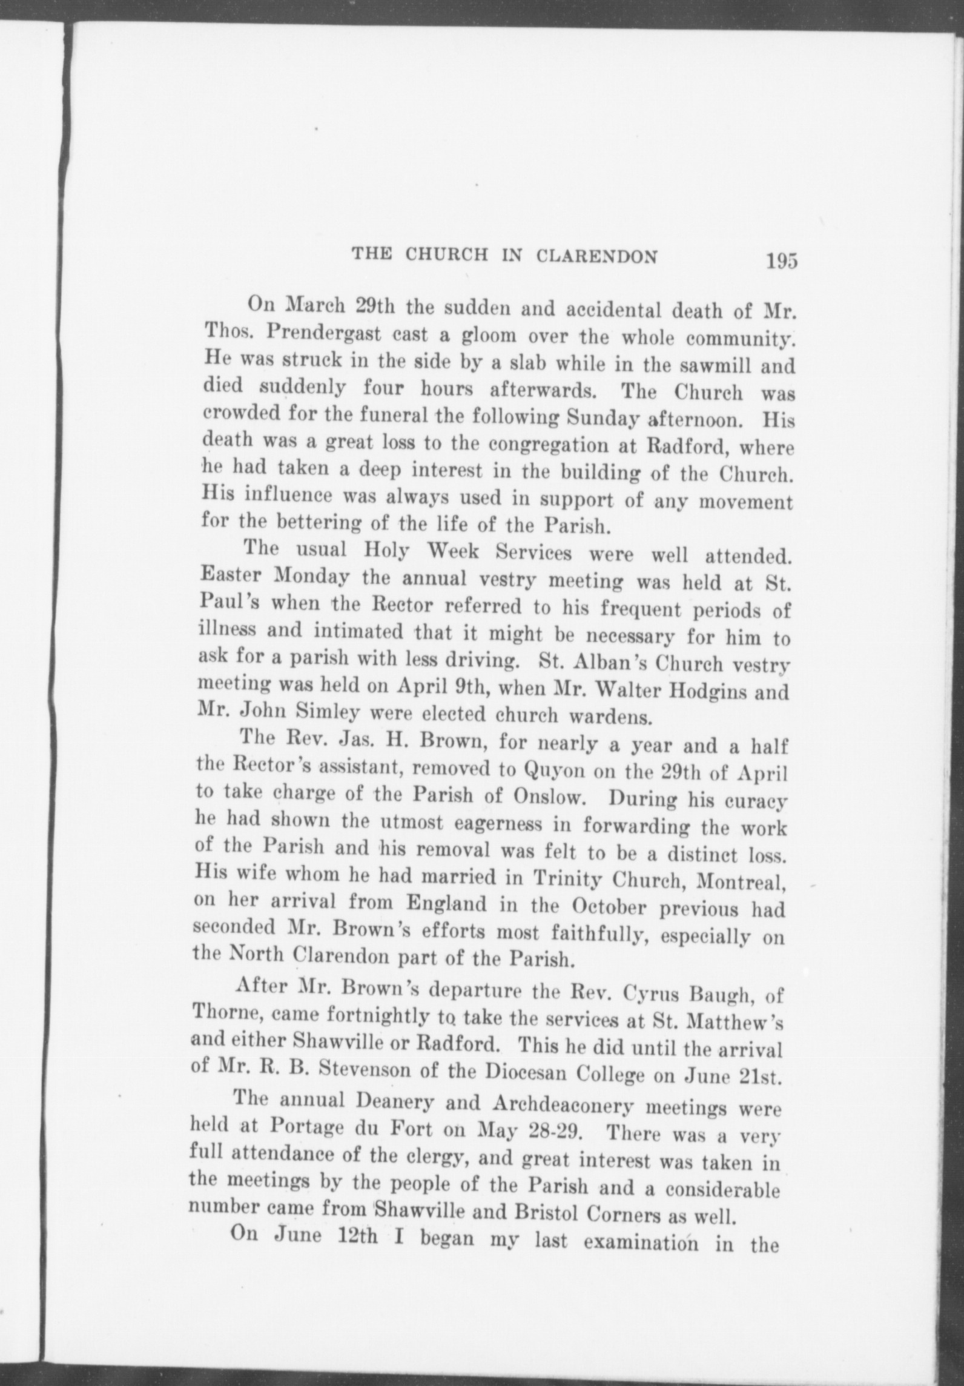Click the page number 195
pyautogui.click(x=781, y=260)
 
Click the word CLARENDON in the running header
pyautogui.click(x=597, y=256)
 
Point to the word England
pyautogui.click(x=446, y=903)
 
